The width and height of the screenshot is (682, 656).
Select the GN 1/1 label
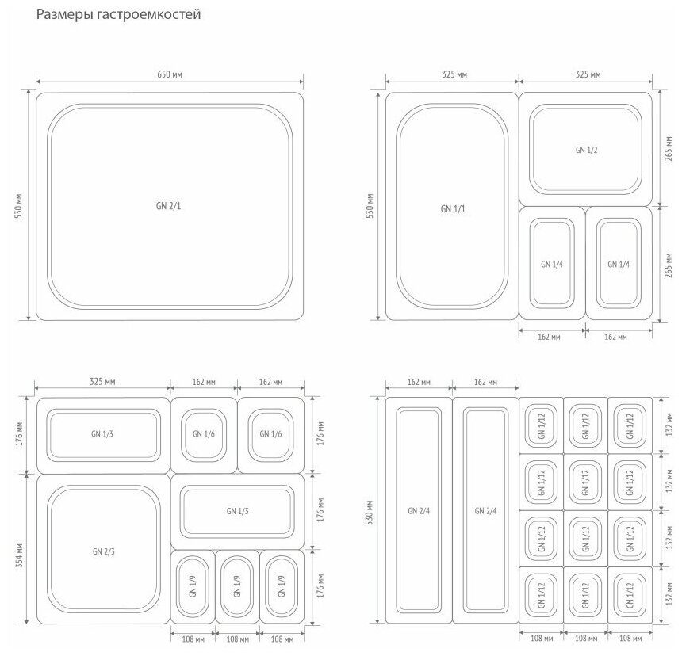[x=453, y=208]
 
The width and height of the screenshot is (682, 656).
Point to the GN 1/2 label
[x=587, y=150]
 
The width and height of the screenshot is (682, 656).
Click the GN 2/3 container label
[x=103, y=551]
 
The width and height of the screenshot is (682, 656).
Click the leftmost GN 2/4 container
[x=419, y=510]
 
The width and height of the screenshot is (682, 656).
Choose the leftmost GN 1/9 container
[x=193, y=587]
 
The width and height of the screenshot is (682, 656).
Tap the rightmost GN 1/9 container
[x=282, y=587]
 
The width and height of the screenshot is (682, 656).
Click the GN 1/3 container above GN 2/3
[x=103, y=434]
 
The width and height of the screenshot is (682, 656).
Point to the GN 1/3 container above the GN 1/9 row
[x=237, y=511]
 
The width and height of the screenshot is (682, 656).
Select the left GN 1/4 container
[x=552, y=264]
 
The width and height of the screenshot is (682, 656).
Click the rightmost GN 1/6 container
[x=270, y=434]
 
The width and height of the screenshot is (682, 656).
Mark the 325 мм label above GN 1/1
[x=453, y=74]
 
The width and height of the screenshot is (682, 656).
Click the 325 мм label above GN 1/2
[x=587, y=74]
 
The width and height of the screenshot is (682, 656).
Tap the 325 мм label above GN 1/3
[x=103, y=382]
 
